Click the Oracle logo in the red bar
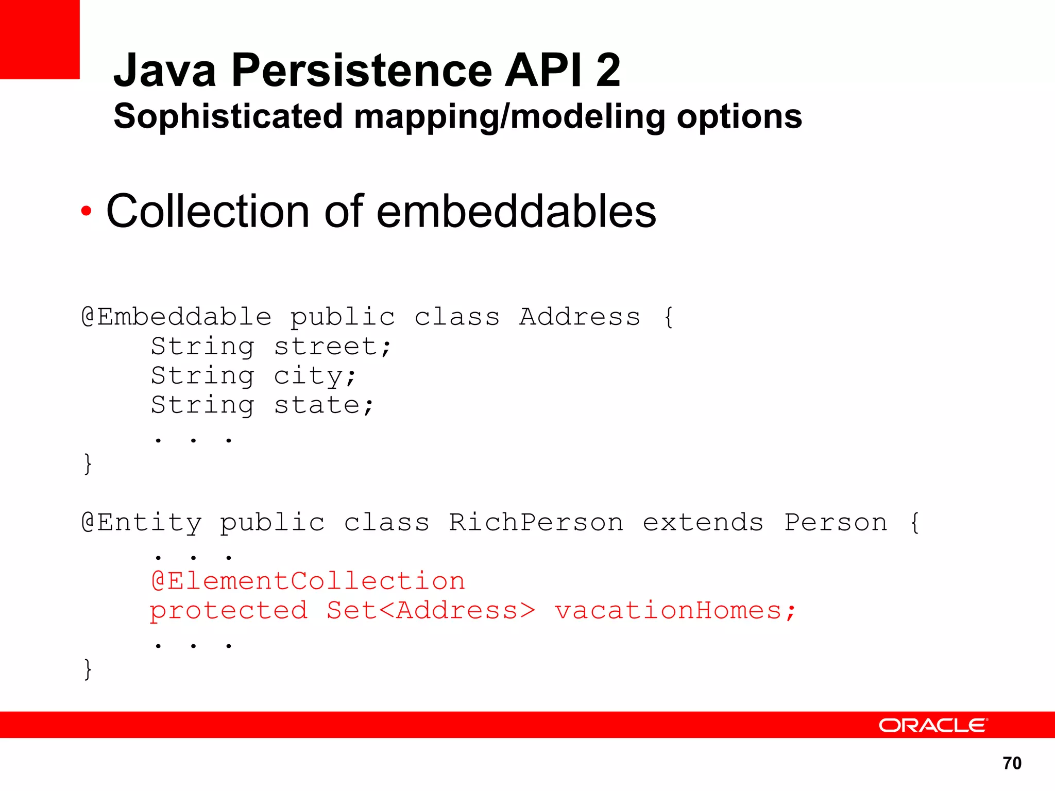pyautogui.click(x=932, y=725)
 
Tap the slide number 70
pyautogui.click(x=1012, y=763)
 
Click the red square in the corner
pyautogui.click(x=40, y=39)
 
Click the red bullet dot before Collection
pyautogui.click(x=86, y=211)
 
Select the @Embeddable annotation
pyautogui.click(x=177, y=317)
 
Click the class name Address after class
pyautogui.click(x=580, y=317)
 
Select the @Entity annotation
pyautogui.click(x=142, y=523)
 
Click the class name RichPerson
pyautogui.click(x=536, y=523)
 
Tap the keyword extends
pyautogui.click(x=703, y=523)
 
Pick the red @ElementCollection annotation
pyautogui.click(x=308, y=581)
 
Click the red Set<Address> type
pyautogui.click(x=431, y=611)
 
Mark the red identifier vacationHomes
pyautogui.click(x=669, y=611)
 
